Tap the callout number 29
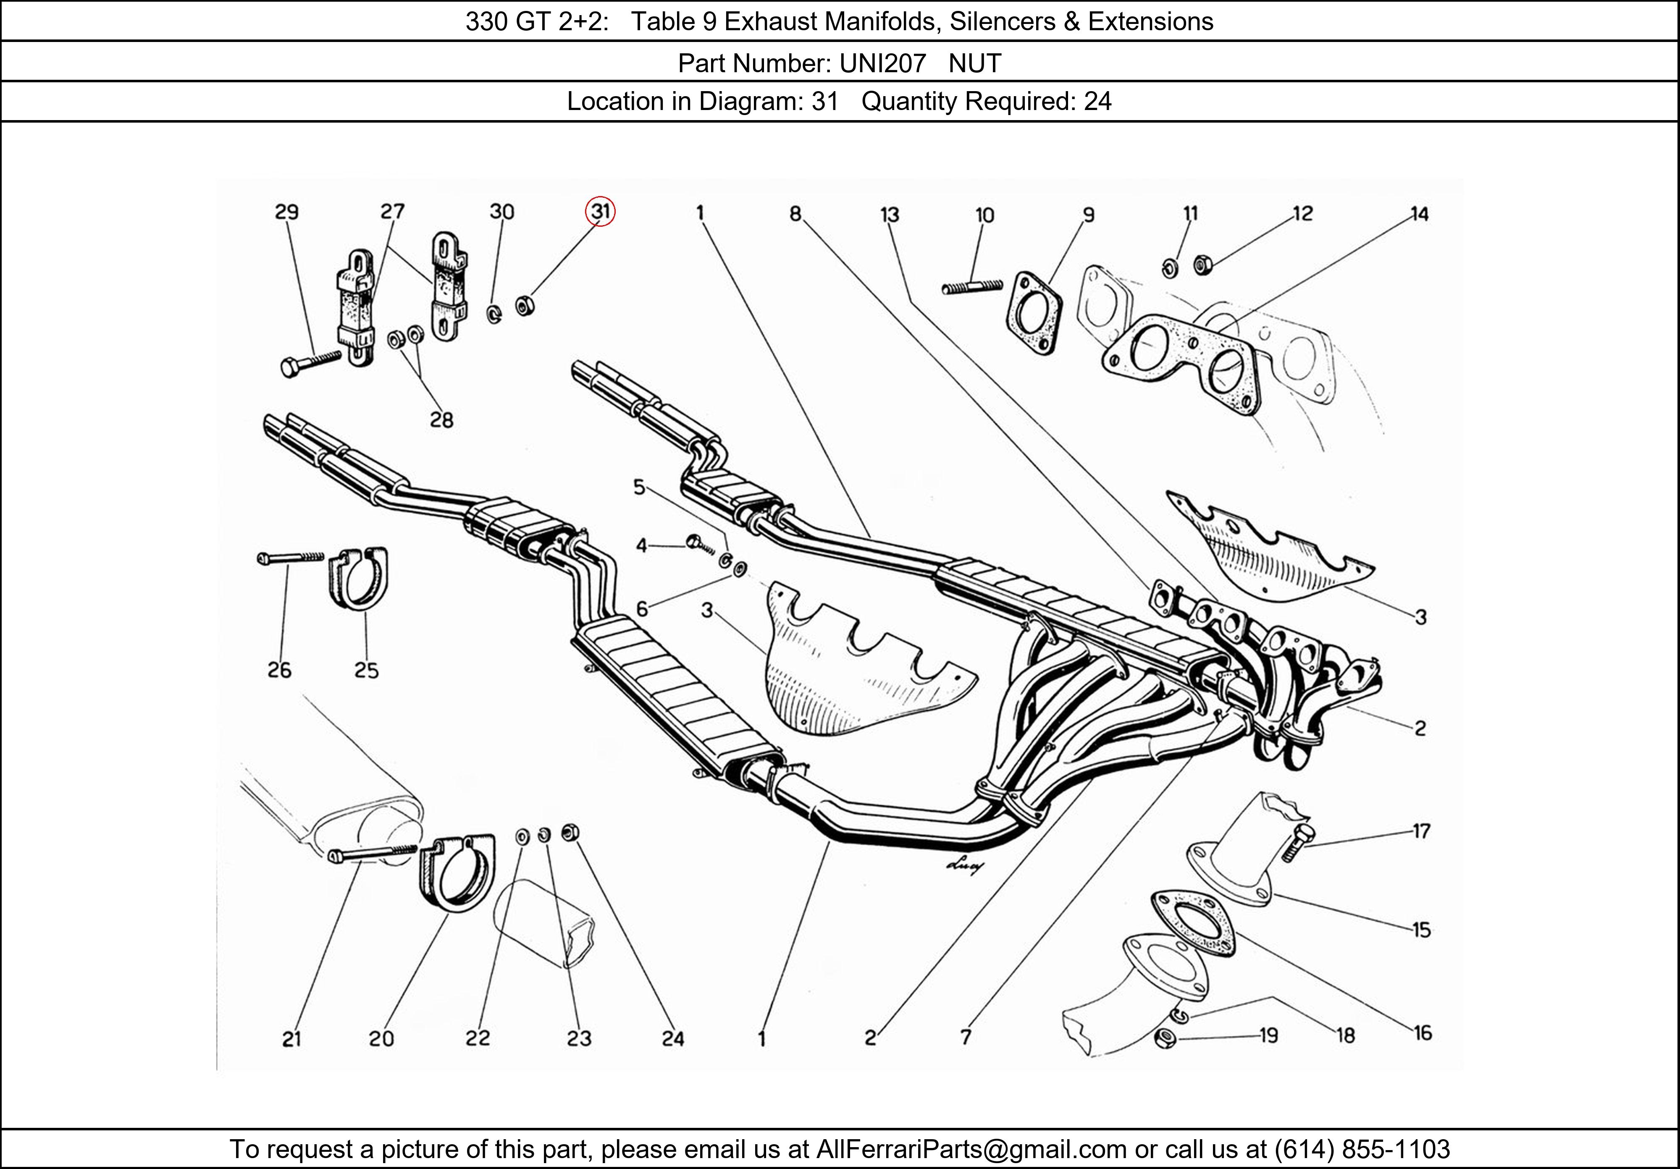[x=287, y=212]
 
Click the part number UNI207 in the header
[x=882, y=64]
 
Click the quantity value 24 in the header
[x=1097, y=101]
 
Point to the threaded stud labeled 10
[x=972, y=287]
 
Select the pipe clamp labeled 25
[x=358, y=578]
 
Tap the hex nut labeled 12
[x=1202, y=264]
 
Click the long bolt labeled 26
[x=291, y=558]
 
